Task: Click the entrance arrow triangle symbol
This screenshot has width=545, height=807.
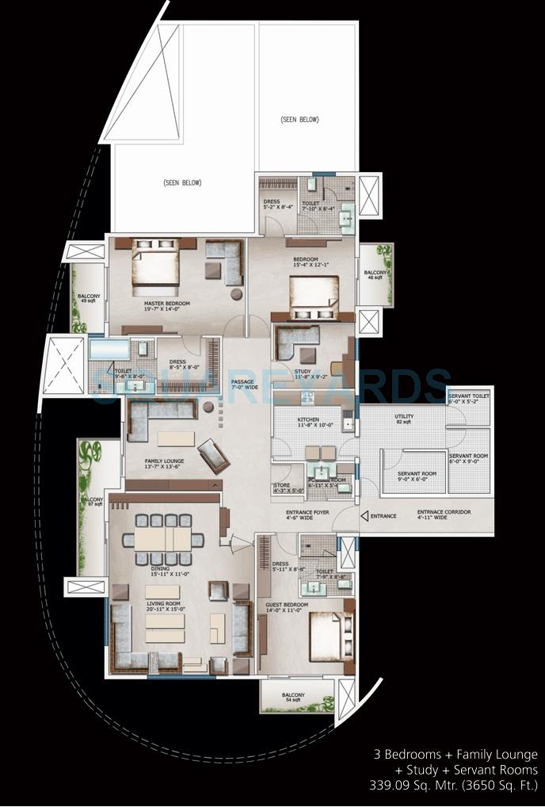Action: [x=364, y=516]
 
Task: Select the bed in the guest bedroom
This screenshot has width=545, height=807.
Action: [x=326, y=634]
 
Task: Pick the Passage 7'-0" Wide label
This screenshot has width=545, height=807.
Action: [x=242, y=384]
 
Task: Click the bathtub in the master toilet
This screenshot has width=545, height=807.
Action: [x=109, y=350]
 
